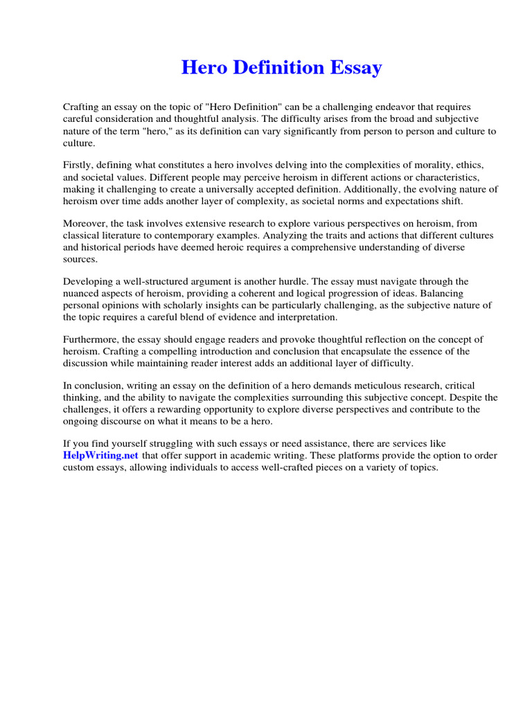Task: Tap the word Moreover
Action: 87,224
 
